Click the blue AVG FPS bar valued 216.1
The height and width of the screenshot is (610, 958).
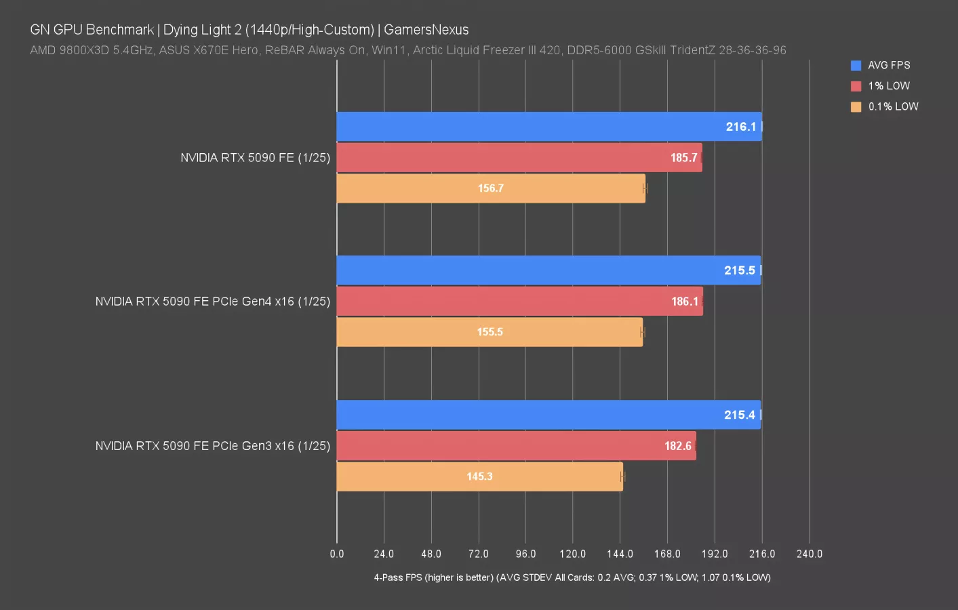(x=549, y=127)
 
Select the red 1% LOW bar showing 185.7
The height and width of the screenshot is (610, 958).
(x=519, y=157)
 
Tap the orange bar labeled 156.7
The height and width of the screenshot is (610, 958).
(x=491, y=188)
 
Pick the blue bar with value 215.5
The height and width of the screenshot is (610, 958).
(x=548, y=270)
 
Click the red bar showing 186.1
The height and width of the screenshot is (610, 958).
(x=519, y=301)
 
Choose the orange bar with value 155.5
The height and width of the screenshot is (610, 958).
(x=490, y=332)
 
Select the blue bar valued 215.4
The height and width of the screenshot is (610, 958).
(x=548, y=415)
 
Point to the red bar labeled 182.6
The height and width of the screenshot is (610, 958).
(x=516, y=445)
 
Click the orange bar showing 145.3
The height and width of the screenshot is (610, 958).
(x=479, y=476)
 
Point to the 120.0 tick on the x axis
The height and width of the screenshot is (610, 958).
(x=573, y=554)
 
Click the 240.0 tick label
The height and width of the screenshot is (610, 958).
(x=809, y=554)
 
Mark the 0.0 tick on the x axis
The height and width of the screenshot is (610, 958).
(x=337, y=554)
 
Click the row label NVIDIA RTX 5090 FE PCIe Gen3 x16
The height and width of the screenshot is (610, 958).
(x=212, y=446)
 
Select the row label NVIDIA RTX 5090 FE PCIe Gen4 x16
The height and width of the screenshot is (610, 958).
(x=212, y=302)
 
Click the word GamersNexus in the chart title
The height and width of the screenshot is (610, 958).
(x=426, y=30)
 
